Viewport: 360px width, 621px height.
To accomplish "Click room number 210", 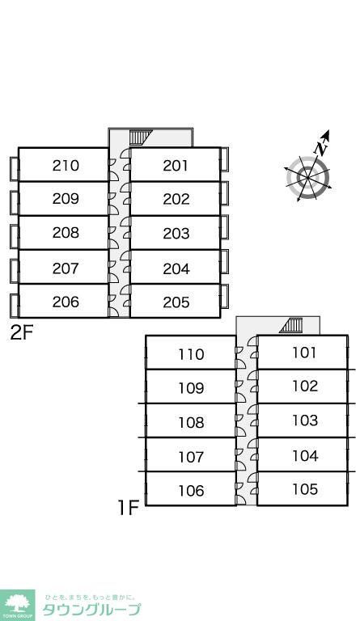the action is click(66, 165).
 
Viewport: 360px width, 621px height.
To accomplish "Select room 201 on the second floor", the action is click(176, 166).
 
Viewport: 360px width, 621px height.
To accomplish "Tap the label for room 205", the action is click(176, 302).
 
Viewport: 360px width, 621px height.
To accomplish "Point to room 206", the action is click(66, 302).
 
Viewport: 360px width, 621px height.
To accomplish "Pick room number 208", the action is click(66, 233).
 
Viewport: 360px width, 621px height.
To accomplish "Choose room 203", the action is click(176, 233).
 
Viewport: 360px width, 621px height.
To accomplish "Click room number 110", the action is click(191, 354).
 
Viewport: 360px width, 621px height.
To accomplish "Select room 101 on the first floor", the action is click(304, 352).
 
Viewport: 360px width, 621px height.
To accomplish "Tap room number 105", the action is click(305, 489).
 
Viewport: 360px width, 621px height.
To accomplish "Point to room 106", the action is click(191, 491).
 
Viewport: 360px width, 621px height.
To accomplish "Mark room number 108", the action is click(191, 423).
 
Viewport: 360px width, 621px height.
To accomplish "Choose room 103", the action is click(305, 420).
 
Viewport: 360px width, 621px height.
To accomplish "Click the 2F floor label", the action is click(21, 333).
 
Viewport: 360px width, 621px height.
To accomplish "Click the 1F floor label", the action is click(129, 507).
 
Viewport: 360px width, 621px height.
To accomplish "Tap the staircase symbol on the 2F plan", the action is click(140, 137).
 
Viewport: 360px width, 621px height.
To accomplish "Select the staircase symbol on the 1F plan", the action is click(291, 325).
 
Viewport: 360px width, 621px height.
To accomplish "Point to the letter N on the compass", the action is click(321, 149).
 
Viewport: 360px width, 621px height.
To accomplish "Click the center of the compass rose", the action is click(307, 177).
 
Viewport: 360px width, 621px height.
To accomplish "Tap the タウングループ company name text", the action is click(91, 610).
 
